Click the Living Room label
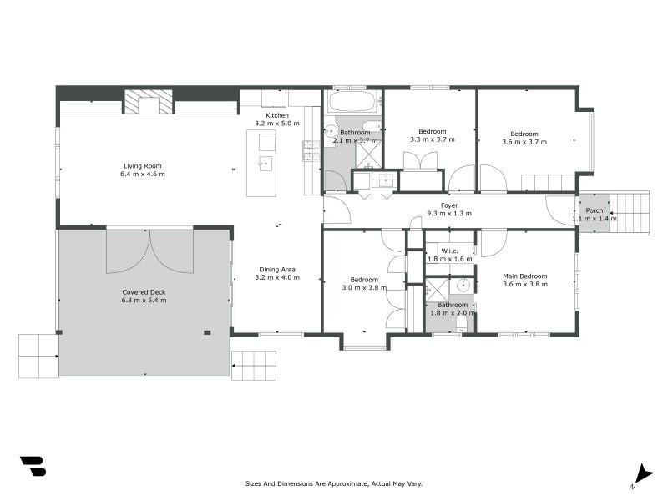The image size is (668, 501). pos(143,165)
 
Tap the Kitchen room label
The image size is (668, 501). pos(277,115)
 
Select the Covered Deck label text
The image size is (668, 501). pos(144,292)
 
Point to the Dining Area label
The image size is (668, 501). pos(276,269)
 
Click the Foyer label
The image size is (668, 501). pos(449,205)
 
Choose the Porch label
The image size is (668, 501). pos(595,210)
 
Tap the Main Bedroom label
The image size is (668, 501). pos(524,276)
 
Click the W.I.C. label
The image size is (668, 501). pos(449,250)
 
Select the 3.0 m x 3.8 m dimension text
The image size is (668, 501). pos(366,288)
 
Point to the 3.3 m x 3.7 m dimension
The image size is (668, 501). pos(433,140)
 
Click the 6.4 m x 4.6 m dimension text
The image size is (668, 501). pos(143,175)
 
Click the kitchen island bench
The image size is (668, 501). pos(261,164)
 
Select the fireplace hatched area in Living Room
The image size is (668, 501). pos(149,102)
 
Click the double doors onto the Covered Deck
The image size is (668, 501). pos(149,250)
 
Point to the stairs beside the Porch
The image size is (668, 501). pos(630,213)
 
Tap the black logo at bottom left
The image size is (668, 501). pos(33,466)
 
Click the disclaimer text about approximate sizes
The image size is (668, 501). pos(334,483)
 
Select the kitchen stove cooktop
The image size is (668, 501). pos(310,149)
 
